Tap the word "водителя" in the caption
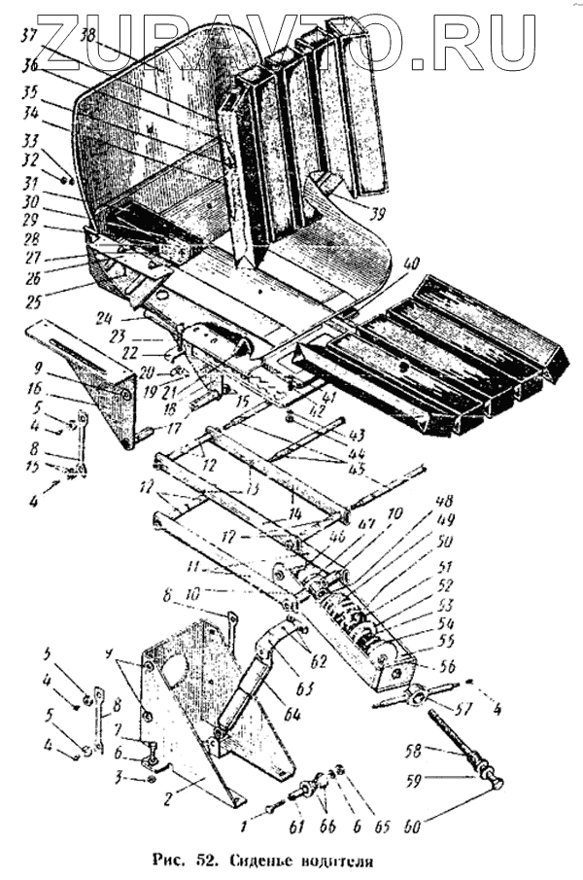(340, 860)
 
